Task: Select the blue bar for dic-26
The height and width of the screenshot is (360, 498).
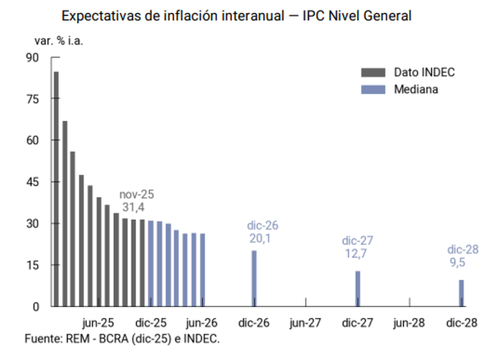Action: pyautogui.click(x=254, y=278)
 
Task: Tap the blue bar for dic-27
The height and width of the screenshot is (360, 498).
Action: pyautogui.click(x=358, y=288)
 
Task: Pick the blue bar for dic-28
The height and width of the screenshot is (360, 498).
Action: pyautogui.click(x=461, y=293)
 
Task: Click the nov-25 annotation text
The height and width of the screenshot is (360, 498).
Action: pyautogui.click(x=136, y=195)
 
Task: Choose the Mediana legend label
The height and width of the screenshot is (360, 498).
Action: pyautogui.click(x=416, y=89)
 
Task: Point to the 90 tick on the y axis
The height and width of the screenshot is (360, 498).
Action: pyautogui.click(x=32, y=58)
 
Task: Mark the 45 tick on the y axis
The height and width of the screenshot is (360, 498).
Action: pyautogui.click(x=32, y=182)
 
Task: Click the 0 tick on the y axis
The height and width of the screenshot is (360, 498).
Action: pyautogui.click(x=36, y=306)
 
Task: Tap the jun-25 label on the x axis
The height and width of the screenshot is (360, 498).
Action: pyautogui.click(x=99, y=323)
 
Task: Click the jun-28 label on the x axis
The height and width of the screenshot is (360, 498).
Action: pyautogui.click(x=409, y=323)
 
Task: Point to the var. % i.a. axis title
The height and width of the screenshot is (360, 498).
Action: pyautogui.click(x=60, y=40)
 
